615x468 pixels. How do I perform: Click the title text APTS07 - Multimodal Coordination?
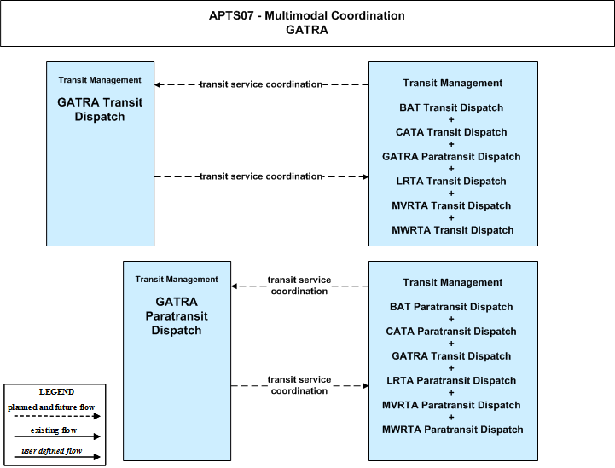[307, 15]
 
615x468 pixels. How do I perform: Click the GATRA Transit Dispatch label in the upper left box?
[100, 109]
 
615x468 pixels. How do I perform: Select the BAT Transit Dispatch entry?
[451, 107]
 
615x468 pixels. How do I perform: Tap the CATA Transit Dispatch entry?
[451, 132]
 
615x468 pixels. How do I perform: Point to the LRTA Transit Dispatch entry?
[451, 181]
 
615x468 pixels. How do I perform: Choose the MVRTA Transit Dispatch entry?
[451, 205]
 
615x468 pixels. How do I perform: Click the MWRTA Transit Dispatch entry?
[453, 230]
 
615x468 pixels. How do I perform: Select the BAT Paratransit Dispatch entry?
[451, 307]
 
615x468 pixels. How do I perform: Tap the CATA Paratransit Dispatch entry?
[451, 332]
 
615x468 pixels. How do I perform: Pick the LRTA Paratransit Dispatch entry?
[451, 380]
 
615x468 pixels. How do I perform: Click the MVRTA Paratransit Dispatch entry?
[451, 405]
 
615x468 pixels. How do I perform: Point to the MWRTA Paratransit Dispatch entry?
[453, 430]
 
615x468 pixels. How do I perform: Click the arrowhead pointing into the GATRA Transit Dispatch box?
[157, 84]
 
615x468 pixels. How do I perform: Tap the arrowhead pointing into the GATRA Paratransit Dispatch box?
[235, 286]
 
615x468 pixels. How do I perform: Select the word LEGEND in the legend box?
[56, 392]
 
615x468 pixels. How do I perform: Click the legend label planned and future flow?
[51, 407]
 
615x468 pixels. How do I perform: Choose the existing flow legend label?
[54, 430]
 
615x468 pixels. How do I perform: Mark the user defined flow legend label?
[51, 451]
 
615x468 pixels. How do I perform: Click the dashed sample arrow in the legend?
[57, 416]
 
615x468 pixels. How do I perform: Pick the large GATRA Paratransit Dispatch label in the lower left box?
[177, 316]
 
